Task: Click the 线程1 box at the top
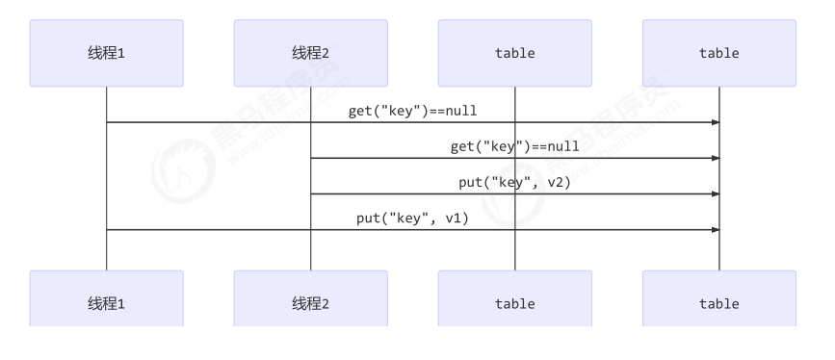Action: click(106, 53)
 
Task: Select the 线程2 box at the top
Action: click(310, 53)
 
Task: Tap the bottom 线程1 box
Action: click(106, 302)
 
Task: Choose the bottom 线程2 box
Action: click(310, 302)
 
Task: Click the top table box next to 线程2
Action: click(514, 53)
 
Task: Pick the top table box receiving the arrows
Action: click(718, 53)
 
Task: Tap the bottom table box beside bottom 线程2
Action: click(514, 302)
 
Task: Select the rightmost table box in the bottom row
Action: click(718, 302)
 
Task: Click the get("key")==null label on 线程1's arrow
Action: click(412, 111)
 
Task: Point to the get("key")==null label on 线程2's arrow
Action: click(514, 146)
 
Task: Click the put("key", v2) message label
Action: click(514, 182)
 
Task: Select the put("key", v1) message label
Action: click(412, 218)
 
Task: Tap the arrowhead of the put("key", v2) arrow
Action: click(715, 193)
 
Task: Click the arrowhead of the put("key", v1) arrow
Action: click(715, 229)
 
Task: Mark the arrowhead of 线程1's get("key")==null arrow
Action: click(715, 122)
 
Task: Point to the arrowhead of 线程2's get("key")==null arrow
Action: click(715, 158)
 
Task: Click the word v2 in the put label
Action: click(555, 182)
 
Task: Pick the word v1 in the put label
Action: click(453, 218)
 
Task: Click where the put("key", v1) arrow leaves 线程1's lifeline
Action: click(107, 229)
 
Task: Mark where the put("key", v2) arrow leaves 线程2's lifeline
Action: click(311, 193)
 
